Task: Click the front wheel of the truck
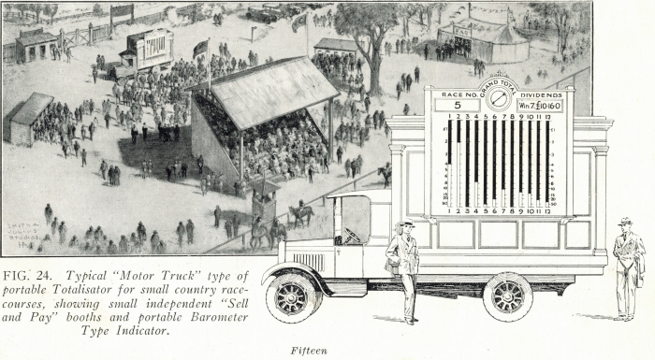(x=293, y=297)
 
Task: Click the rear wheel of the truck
(x=507, y=297)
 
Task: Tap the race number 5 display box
(x=457, y=105)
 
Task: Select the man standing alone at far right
(x=628, y=266)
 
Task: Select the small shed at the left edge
(x=29, y=117)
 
